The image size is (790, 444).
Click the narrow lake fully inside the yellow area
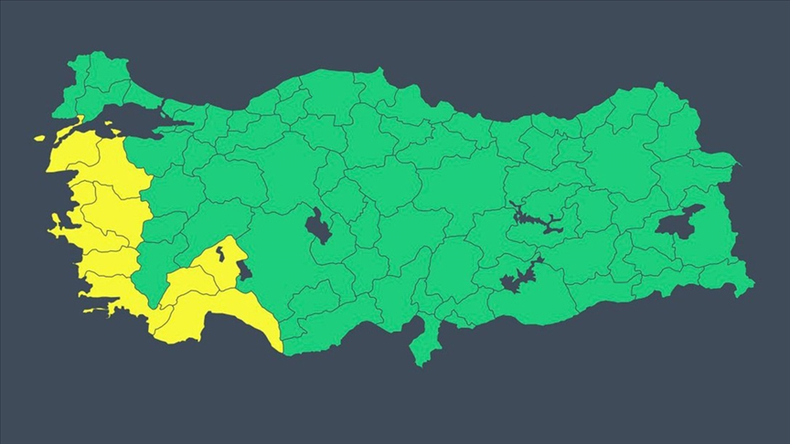tap(241, 270)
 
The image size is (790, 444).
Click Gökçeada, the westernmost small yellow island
tap(39, 138)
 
